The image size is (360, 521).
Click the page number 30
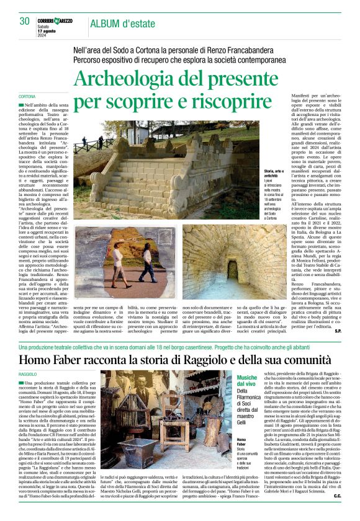coord(24,20)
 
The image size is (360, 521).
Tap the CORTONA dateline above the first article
coord(27,97)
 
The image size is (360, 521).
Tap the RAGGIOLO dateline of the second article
coord(29,375)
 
